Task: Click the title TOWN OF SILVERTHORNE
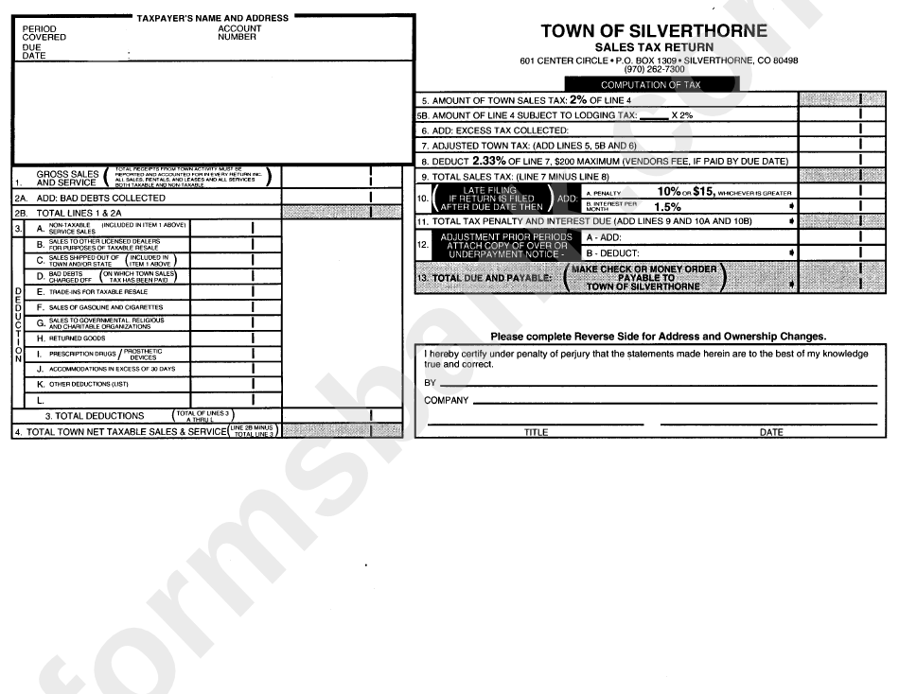coord(654,31)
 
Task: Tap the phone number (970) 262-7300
coord(654,69)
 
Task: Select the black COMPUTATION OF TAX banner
coord(650,84)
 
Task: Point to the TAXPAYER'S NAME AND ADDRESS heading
coord(212,18)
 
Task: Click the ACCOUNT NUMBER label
coord(239,33)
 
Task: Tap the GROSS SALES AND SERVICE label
coord(66,178)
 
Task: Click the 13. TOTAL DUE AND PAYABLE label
coord(485,279)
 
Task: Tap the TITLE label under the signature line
coord(537,432)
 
